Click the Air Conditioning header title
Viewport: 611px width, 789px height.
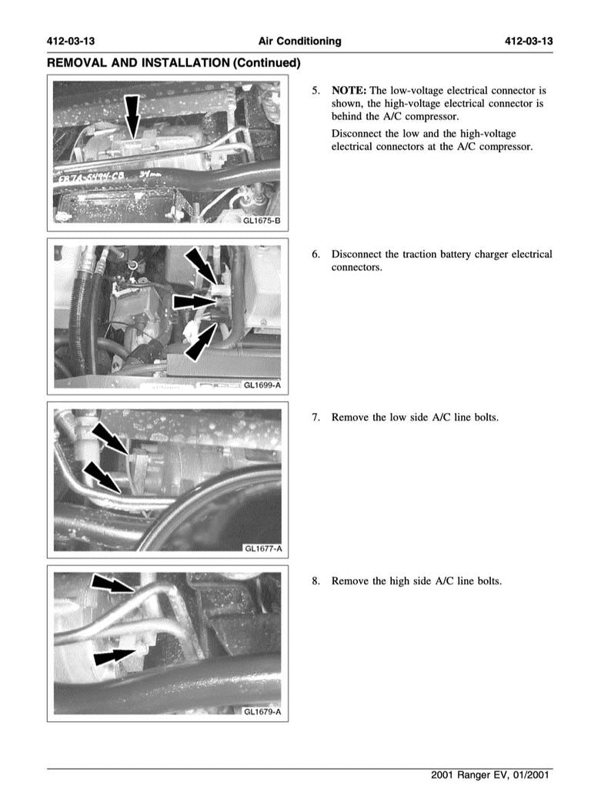[299, 41]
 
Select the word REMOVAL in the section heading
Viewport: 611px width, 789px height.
[79, 62]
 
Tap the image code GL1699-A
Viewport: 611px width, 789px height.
[262, 385]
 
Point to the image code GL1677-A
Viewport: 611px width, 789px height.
[262, 548]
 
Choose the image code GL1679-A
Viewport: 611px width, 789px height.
[262, 711]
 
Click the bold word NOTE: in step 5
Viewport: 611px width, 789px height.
[349, 90]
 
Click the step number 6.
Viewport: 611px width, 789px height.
[316, 254]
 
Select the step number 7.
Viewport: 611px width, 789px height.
[316, 417]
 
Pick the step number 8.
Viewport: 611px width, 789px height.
[316, 581]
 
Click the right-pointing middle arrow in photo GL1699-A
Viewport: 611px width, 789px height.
[192, 301]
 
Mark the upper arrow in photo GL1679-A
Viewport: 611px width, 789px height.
[112, 584]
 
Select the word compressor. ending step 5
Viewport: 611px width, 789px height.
[505, 146]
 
